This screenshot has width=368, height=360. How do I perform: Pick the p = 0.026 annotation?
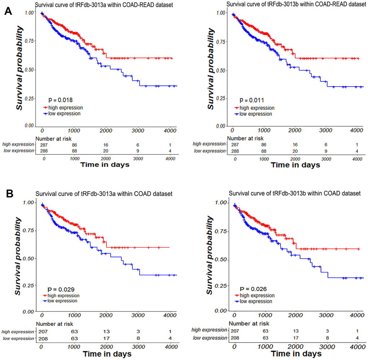250,289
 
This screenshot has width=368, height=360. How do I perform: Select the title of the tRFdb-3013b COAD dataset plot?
295,194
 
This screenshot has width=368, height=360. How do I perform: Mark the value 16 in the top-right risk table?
295,144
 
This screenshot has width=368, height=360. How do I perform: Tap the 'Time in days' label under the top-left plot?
105,164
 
